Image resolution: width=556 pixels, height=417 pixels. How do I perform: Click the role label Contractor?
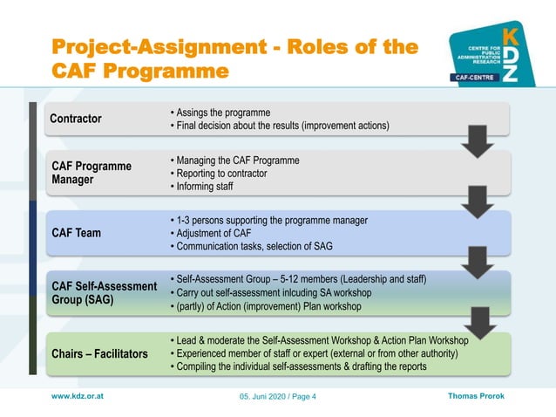tap(76, 119)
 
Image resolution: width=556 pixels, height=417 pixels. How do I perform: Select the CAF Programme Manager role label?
tap(91, 173)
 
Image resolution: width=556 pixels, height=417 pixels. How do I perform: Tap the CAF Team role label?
tap(76, 233)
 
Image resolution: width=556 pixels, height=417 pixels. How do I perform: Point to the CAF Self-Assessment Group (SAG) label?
tap(97, 292)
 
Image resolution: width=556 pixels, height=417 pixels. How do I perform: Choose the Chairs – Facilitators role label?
tap(99, 353)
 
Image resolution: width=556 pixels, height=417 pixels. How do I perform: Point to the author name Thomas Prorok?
tap(476, 396)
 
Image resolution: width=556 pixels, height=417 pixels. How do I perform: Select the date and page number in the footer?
tap(278, 398)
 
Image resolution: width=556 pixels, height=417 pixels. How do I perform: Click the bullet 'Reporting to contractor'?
tap(221, 174)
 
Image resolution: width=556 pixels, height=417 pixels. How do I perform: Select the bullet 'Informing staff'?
tap(206, 187)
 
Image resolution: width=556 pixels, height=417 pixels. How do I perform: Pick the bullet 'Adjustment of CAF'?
tap(213, 233)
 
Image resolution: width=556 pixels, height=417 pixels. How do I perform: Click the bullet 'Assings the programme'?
tap(223, 113)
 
